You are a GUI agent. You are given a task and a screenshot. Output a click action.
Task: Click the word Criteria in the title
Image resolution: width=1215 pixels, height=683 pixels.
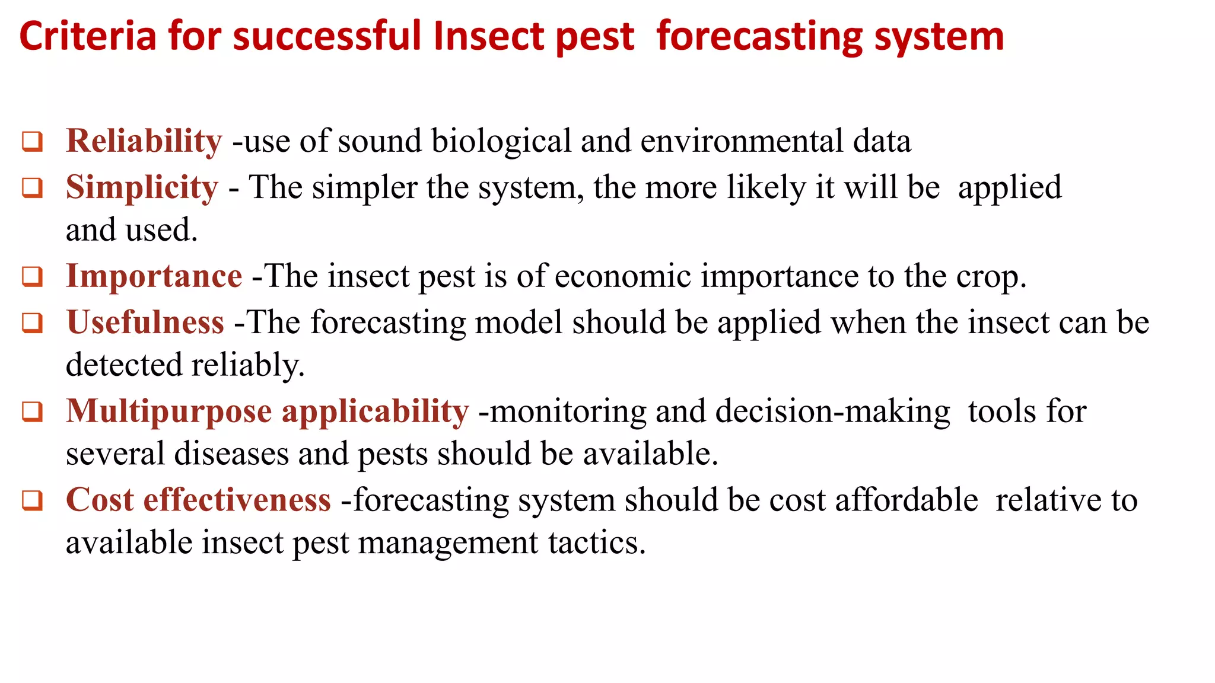(88, 37)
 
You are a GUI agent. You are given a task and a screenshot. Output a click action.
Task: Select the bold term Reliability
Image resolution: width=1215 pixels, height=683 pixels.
(144, 141)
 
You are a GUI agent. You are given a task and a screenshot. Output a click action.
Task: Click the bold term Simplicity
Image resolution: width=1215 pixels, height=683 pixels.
(142, 187)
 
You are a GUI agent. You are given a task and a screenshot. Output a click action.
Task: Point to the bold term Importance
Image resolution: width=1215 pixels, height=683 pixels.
(154, 276)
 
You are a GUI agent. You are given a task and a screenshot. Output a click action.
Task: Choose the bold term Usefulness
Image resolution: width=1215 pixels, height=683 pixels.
(145, 323)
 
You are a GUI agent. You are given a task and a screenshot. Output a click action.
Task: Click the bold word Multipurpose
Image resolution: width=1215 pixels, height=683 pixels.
(168, 411)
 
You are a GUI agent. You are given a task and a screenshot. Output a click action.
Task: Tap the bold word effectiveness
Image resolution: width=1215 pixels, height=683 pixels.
(237, 500)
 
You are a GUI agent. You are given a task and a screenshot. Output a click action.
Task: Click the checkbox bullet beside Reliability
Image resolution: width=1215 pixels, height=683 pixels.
(32, 142)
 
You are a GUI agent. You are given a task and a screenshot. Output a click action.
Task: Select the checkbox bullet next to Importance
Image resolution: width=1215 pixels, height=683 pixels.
(32, 277)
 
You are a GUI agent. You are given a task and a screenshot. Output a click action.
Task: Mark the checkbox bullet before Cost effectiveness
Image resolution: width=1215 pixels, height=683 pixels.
(32, 500)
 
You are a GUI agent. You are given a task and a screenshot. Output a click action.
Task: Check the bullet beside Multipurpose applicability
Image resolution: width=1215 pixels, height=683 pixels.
(32, 412)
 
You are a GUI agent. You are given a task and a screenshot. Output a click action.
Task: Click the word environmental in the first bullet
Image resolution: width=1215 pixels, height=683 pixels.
(741, 141)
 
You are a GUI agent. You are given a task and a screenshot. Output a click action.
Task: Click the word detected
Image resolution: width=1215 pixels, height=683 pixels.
(123, 365)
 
